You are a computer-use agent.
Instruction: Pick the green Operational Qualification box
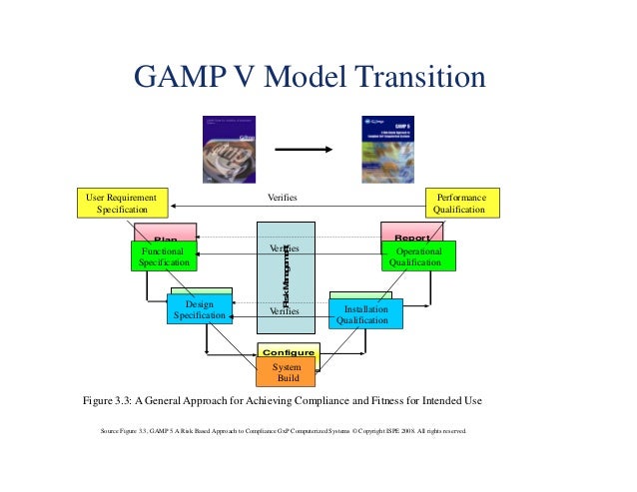pos(419,256)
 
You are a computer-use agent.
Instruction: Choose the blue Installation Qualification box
pos(366,314)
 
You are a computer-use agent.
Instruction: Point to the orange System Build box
pos(286,372)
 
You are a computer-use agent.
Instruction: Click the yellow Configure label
pos(288,352)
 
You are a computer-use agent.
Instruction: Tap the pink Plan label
pos(166,236)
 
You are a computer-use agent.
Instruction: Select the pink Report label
pos(412,236)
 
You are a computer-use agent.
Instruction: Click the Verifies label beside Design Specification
pos(285,311)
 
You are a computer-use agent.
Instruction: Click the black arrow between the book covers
pos(304,150)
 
